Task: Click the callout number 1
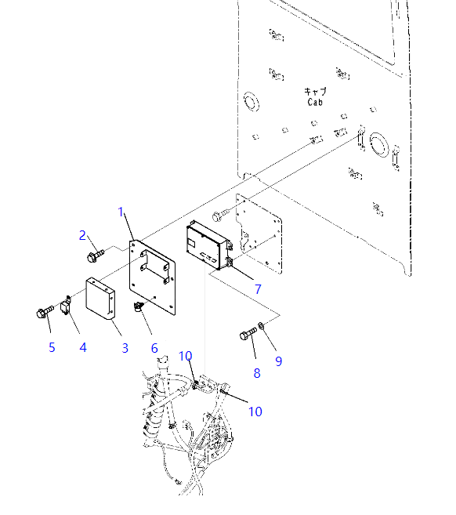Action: (121, 212)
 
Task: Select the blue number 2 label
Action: (82, 234)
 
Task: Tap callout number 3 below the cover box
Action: (125, 347)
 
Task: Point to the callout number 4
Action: (83, 347)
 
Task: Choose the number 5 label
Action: (52, 347)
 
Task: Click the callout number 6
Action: (154, 347)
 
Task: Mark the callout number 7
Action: (257, 289)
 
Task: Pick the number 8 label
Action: (257, 373)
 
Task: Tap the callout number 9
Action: (278, 361)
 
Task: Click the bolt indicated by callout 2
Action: (94, 255)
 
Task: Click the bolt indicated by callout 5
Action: (43, 314)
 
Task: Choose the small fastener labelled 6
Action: (139, 306)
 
